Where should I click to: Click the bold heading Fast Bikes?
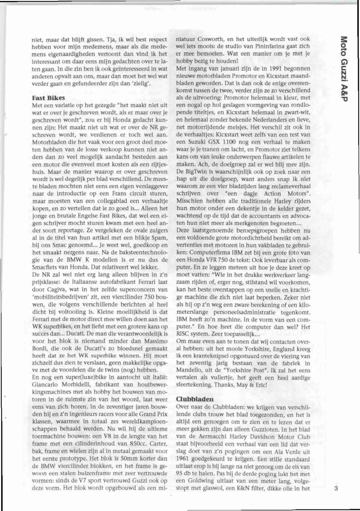[48, 98]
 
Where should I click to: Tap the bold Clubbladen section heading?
[194, 399]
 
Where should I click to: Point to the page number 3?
[336, 488]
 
